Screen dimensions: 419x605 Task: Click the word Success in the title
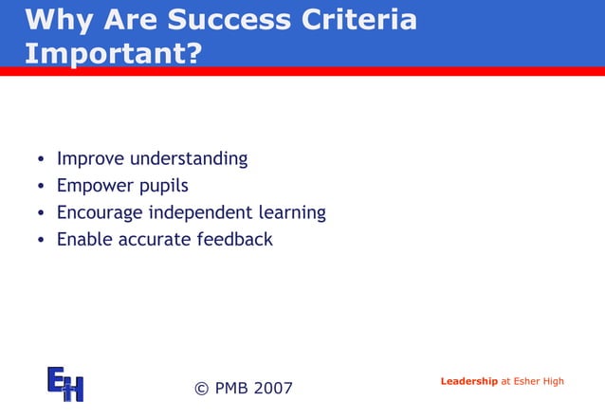(x=221, y=20)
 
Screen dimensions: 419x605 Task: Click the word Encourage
(x=101, y=212)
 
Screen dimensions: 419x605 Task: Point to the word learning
(x=292, y=213)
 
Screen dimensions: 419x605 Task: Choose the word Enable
(x=84, y=239)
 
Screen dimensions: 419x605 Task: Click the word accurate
(x=154, y=239)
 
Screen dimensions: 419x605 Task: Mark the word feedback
(x=234, y=239)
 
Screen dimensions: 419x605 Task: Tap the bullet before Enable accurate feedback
(x=41, y=240)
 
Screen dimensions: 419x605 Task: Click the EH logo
(x=65, y=383)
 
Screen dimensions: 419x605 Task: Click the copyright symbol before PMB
(x=201, y=388)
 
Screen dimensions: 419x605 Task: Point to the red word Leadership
(x=468, y=381)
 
